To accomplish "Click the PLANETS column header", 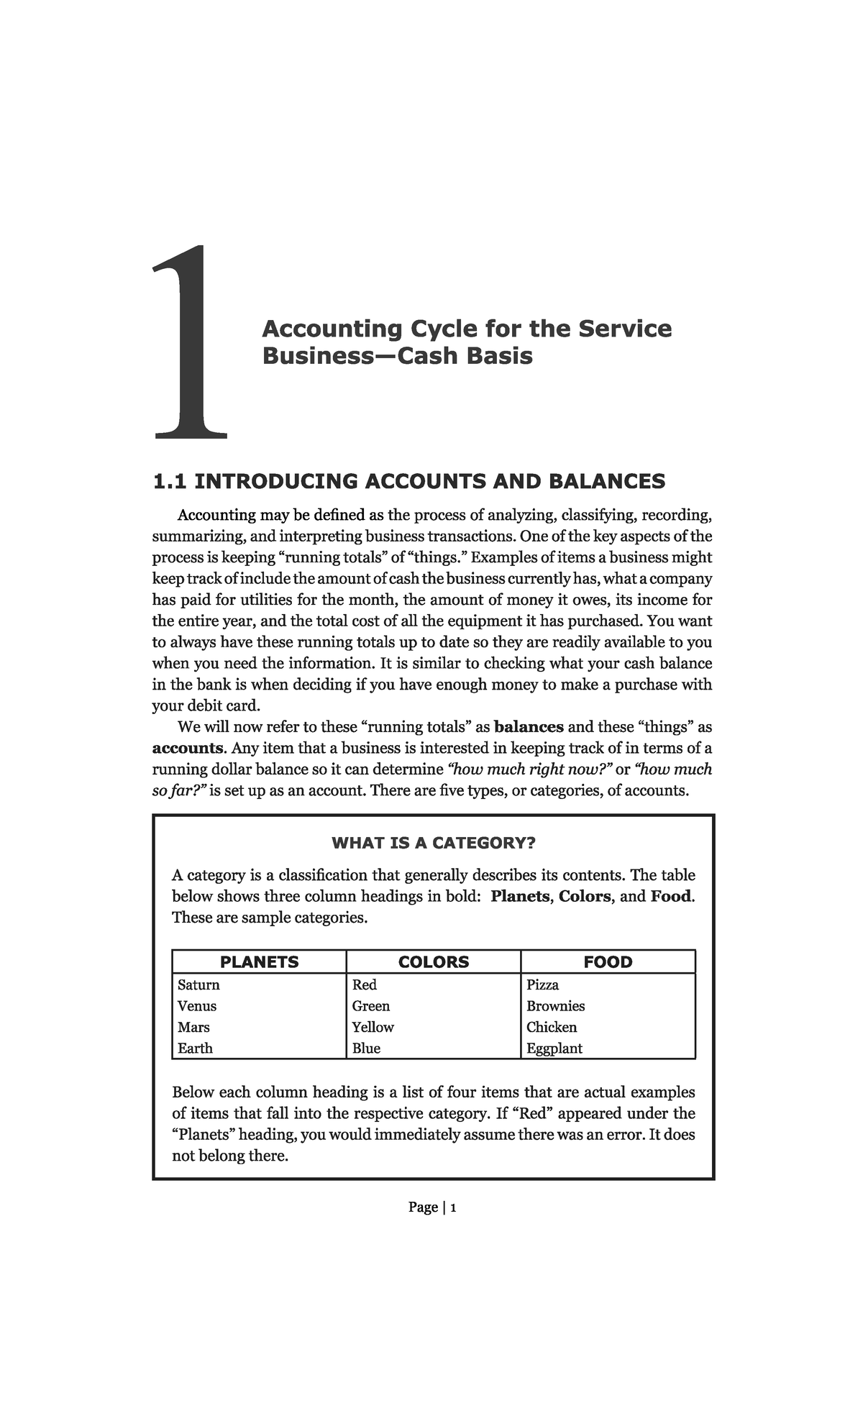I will tap(259, 961).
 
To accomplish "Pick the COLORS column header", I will tap(434, 961).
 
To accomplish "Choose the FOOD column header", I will tap(608, 961).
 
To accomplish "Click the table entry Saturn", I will tap(198, 984).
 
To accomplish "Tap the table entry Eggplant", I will tap(554, 1048).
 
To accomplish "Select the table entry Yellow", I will tap(373, 1027).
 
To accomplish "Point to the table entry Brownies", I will tap(555, 1006).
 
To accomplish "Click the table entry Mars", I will tap(193, 1027).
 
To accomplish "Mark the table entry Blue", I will tap(366, 1048).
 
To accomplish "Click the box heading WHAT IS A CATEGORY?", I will tap(433, 843).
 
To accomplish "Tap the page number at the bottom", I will tap(432, 1207).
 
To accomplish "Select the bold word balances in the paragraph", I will tap(529, 726).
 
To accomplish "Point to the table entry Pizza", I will tap(542, 984).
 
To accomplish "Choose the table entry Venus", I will tap(196, 1006).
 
